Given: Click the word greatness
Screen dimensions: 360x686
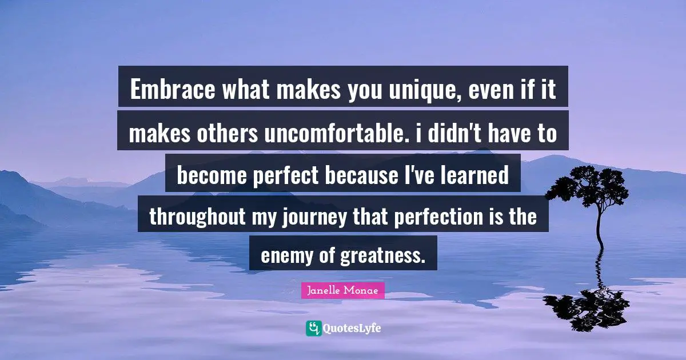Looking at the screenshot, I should [383, 255].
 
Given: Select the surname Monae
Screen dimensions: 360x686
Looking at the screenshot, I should [364, 290].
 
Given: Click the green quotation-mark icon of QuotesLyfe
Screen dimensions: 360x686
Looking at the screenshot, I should [313, 328].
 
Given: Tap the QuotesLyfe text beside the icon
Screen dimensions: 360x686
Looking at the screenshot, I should [352, 329].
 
